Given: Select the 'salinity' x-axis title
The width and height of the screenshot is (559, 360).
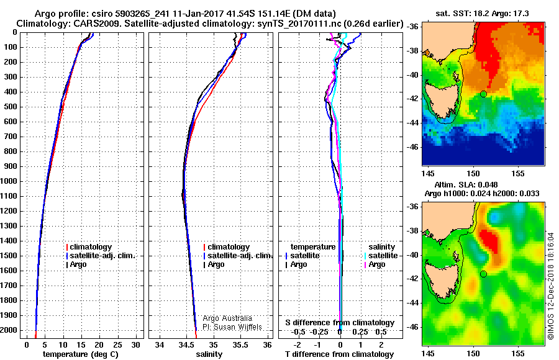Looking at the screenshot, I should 209,354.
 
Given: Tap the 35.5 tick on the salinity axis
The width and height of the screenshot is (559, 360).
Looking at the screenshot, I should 240,344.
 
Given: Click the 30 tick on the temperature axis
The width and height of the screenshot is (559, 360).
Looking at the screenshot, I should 136,344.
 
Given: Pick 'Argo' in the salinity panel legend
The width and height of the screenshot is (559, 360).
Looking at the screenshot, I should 216,264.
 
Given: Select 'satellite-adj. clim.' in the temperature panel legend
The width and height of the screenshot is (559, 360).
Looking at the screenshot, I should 102,256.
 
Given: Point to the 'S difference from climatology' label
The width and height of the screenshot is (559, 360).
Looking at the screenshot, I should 339,323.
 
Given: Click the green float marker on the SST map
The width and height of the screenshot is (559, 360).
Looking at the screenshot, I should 483,94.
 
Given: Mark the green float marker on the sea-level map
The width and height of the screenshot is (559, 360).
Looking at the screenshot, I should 483,274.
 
